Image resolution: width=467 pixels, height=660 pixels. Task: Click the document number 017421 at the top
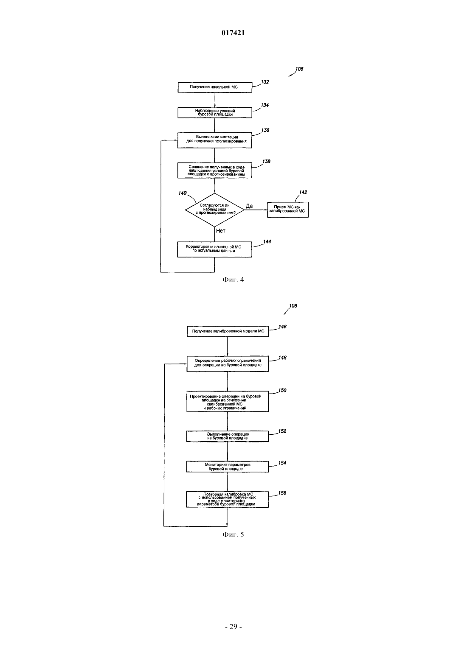tap(233, 33)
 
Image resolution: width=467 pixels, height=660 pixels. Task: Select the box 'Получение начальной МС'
tap(215, 87)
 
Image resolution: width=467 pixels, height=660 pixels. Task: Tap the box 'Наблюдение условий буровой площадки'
tap(215, 113)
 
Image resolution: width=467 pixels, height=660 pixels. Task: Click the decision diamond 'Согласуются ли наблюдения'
tap(215, 210)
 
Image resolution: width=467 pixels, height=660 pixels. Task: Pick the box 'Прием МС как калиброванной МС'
tap(288, 210)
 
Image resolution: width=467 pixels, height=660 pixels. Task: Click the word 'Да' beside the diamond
tap(249, 206)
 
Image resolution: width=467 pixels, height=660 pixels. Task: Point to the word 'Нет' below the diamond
tap(220, 231)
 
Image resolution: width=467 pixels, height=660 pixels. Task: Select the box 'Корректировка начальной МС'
tap(215, 249)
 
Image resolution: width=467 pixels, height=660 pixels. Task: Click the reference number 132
tap(265, 82)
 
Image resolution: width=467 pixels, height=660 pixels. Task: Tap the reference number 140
tap(183, 193)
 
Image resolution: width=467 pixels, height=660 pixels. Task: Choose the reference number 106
tap(299, 69)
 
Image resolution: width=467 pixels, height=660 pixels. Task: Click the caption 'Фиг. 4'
tap(233, 280)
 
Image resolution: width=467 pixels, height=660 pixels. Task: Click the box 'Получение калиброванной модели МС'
tap(228, 331)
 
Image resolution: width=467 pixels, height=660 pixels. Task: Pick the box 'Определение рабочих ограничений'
tap(228, 364)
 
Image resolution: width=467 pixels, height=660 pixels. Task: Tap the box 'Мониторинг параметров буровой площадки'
tap(227, 467)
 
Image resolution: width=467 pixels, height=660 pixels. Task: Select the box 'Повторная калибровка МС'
tap(227, 499)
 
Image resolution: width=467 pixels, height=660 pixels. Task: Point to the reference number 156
tap(282, 493)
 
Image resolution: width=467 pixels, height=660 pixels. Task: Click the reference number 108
tap(293, 306)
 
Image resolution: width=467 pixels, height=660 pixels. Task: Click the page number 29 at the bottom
tap(233, 626)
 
